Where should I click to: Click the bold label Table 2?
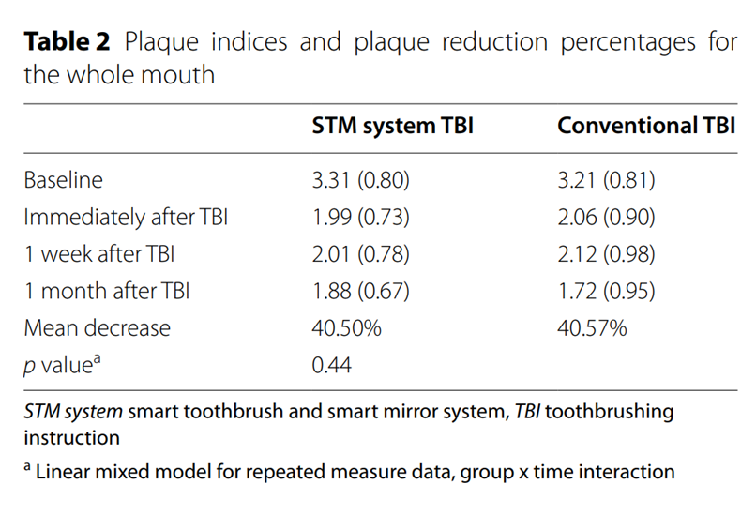point(68,42)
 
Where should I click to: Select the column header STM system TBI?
point(392,126)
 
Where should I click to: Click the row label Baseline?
point(64,180)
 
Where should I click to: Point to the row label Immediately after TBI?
point(126,218)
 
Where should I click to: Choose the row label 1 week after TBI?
point(100,254)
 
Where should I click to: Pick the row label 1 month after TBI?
point(106,291)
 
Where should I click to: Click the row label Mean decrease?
point(98,327)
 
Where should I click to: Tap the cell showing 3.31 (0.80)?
point(361,180)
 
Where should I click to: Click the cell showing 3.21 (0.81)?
point(606,180)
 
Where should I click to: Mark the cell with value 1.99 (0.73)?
point(361,218)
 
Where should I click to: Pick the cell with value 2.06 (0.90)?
point(606,218)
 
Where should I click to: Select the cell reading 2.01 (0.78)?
point(361,254)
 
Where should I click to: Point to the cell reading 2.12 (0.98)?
point(606,254)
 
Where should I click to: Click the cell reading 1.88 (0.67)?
point(361,291)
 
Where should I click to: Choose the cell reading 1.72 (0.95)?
point(606,291)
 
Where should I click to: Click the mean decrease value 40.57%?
point(591,327)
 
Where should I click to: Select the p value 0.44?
point(332,365)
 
